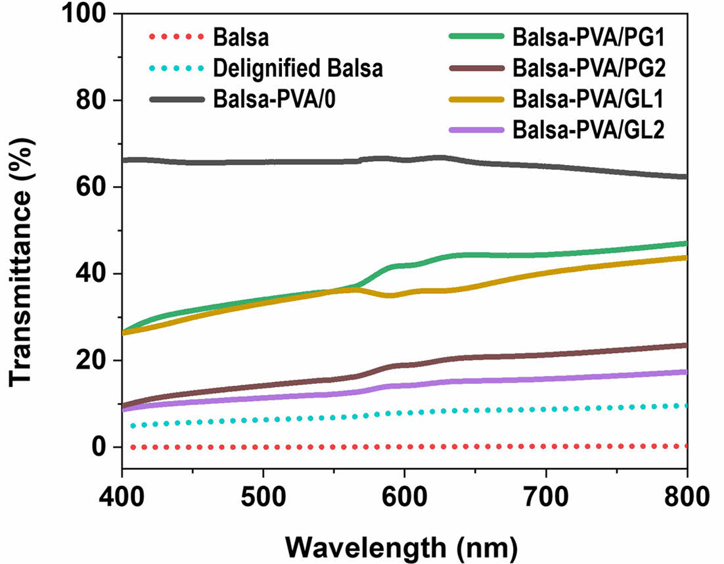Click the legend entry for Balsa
[x=240, y=37]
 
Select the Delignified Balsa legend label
[x=298, y=68]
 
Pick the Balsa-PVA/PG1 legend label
[x=588, y=37]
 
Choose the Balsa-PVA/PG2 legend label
[x=588, y=68]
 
